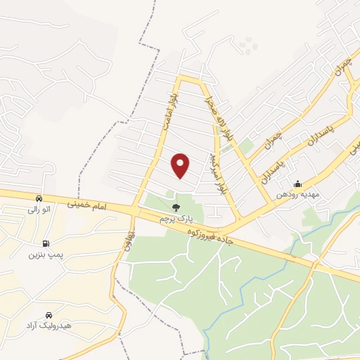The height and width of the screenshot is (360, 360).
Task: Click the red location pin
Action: click(x=181, y=165)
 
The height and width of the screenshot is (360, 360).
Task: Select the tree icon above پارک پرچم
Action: click(x=175, y=208)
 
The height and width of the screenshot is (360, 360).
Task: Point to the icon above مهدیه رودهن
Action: click(x=298, y=184)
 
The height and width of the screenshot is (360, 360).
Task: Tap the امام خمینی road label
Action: click(x=91, y=204)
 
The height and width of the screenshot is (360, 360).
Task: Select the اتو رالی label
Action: click(x=39, y=209)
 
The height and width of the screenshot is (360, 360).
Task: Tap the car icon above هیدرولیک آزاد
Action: click(x=49, y=316)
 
